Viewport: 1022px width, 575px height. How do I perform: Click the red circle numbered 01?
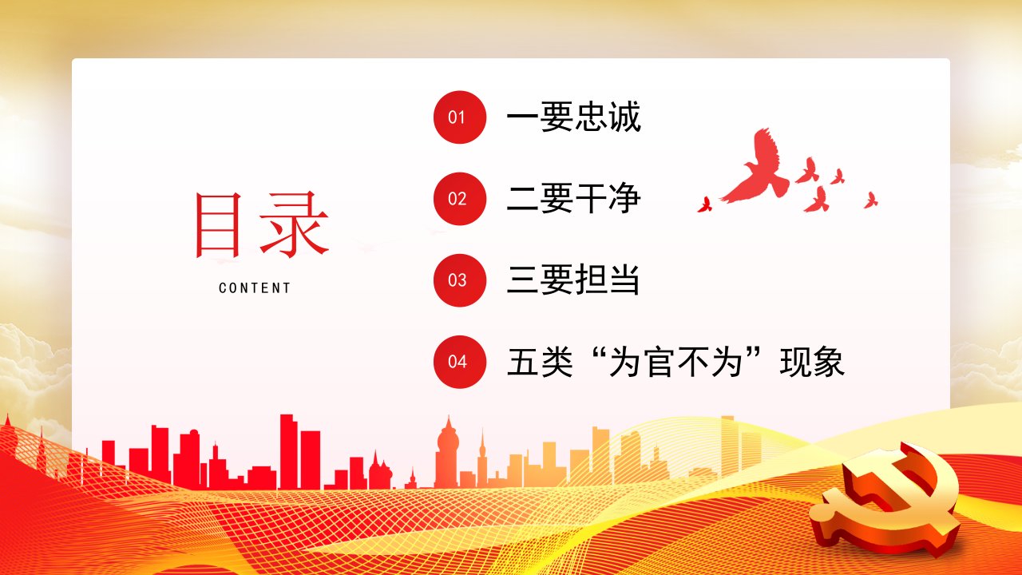pyautogui.click(x=459, y=117)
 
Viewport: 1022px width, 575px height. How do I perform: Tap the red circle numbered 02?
pyautogui.click(x=459, y=199)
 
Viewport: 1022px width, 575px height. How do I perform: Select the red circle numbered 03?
pyautogui.click(x=459, y=280)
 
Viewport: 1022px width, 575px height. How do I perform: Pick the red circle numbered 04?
pyautogui.click(x=459, y=362)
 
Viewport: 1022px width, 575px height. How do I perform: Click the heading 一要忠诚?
pyautogui.click(x=573, y=117)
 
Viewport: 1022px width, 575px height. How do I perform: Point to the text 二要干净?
pyautogui.click(x=573, y=199)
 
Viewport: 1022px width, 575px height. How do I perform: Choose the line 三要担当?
pyautogui.click(x=572, y=280)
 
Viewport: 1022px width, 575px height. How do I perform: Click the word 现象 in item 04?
pyautogui.click(x=812, y=362)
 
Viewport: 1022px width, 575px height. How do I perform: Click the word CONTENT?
pyautogui.click(x=255, y=288)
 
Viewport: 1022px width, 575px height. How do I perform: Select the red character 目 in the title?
pyautogui.click(x=218, y=225)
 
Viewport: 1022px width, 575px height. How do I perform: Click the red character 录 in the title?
pyautogui.click(x=295, y=224)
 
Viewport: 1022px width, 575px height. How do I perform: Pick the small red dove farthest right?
pyautogui.click(x=870, y=200)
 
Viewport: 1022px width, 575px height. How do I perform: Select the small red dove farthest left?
pyautogui.click(x=705, y=205)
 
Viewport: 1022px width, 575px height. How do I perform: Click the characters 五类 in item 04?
pyautogui.click(x=540, y=362)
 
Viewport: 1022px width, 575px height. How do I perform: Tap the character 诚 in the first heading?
pyautogui.click(x=624, y=117)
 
